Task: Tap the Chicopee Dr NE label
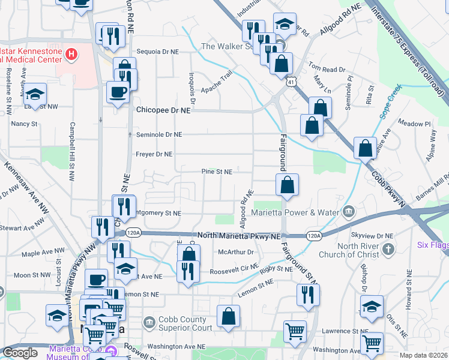[163, 110]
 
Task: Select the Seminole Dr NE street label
[159, 134]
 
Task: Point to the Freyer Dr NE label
[155, 154]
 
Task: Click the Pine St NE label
[217, 172]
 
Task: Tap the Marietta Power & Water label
[301, 212]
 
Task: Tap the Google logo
[20, 353]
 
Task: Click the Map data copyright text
[423, 355]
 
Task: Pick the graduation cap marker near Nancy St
[35, 94]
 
